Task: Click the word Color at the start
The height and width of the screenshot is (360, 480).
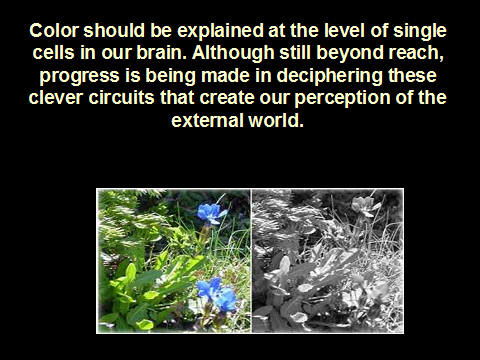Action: click(54, 31)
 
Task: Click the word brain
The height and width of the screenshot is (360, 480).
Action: click(162, 53)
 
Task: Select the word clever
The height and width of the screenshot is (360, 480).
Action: click(56, 98)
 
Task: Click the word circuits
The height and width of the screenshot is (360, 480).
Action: click(121, 98)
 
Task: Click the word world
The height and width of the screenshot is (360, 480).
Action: click(276, 120)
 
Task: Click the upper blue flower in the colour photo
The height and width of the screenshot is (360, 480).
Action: click(211, 214)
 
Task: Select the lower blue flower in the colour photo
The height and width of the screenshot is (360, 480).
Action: click(217, 294)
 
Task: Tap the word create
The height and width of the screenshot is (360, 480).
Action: click(228, 98)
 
